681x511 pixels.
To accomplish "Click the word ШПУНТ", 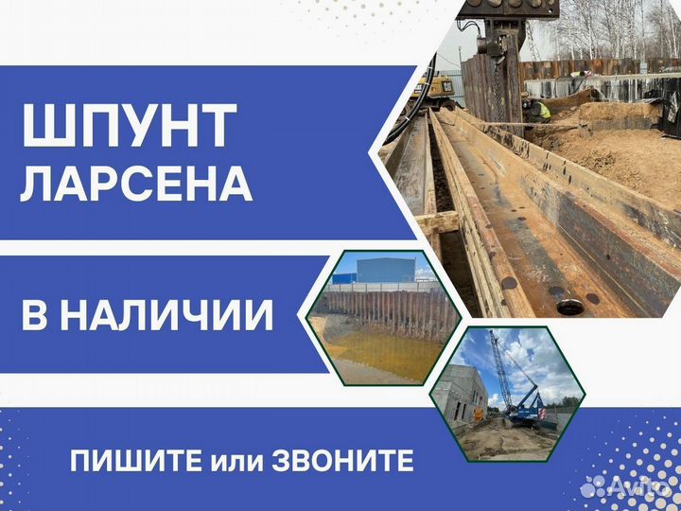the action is (x=129, y=126).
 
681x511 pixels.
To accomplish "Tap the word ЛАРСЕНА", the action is (x=136, y=184).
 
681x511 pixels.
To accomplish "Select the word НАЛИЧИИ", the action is (x=166, y=315).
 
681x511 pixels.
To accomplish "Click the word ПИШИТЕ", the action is (x=136, y=461).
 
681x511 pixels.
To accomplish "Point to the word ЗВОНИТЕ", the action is (x=342, y=461).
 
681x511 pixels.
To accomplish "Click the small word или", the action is (x=237, y=463).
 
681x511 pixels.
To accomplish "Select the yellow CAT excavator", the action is (x=435, y=90).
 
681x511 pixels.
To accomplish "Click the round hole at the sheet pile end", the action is (x=569, y=308).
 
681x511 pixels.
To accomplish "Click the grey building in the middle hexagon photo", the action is (x=385, y=271).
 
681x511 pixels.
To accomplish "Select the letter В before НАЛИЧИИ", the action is (x=34, y=315).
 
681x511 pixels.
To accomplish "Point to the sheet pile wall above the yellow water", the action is (x=391, y=309).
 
